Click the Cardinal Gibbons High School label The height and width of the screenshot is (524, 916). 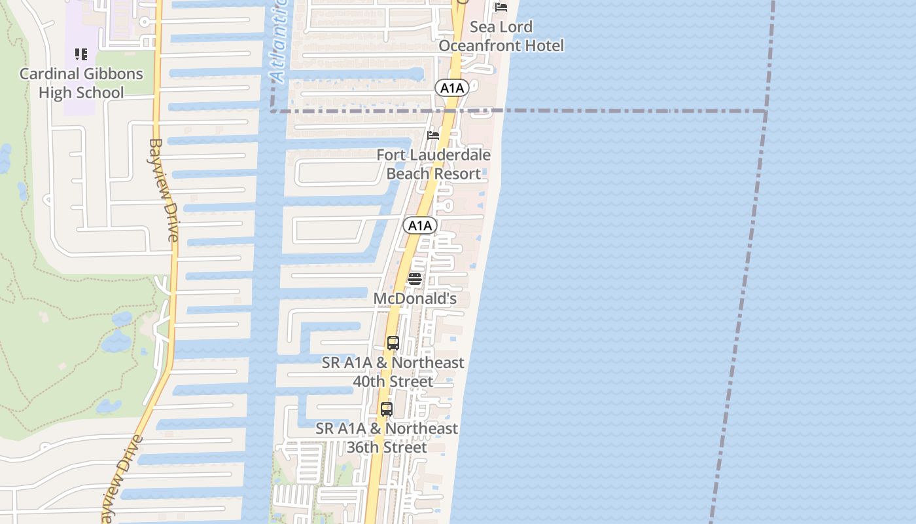pos(81,83)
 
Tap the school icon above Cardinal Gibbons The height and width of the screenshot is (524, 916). pos(81,54)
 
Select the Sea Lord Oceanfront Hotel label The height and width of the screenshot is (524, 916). pos(501,36)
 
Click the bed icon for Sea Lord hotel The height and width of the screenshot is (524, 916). pos(501,7)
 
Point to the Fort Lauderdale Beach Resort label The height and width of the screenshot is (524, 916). pos(434,164)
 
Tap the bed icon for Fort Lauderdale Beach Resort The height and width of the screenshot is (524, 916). pos(433,136)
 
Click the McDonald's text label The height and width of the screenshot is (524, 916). pos(415,299)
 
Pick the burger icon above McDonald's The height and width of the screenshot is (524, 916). pos(415,279)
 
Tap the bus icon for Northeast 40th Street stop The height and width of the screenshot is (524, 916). pos(393,343)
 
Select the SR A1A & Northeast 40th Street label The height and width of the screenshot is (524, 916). pos(393,372)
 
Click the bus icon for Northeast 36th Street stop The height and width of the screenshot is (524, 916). pos(387,409)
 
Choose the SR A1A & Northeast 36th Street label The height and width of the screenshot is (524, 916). pos(387,438)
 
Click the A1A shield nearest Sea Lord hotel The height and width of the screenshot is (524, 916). pos(452,88)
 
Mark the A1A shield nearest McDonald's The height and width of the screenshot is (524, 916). pos(419,226)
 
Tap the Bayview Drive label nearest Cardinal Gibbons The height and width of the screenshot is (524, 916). pos(163,190)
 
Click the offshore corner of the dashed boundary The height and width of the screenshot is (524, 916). pos(766,111)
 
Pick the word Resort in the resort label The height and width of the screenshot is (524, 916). pos(458,174)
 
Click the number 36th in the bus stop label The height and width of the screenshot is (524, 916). pos(363,447)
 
